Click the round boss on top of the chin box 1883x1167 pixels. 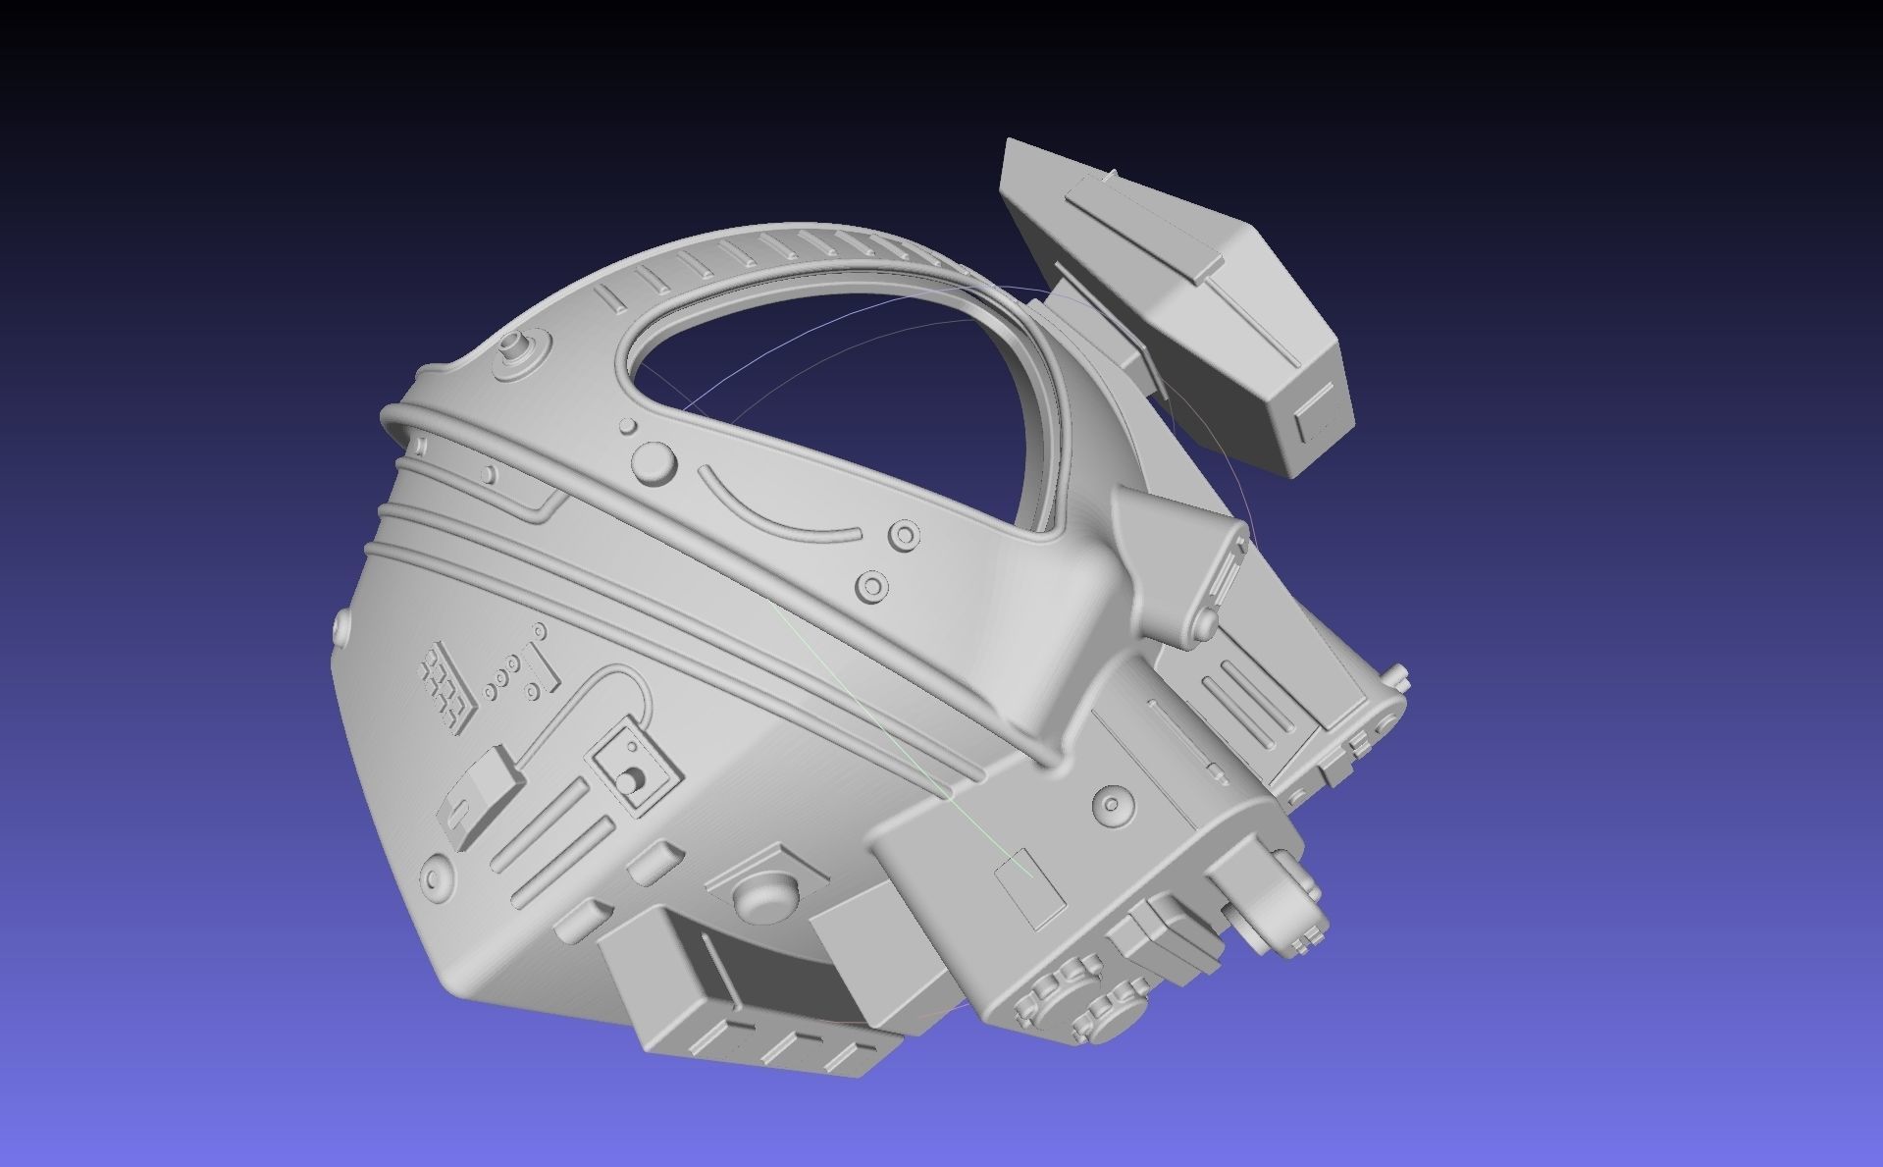[x=1111, y=803]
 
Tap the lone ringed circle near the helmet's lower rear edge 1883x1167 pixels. [x=436, y=875]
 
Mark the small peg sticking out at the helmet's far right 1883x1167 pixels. [x=1401, y=677]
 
